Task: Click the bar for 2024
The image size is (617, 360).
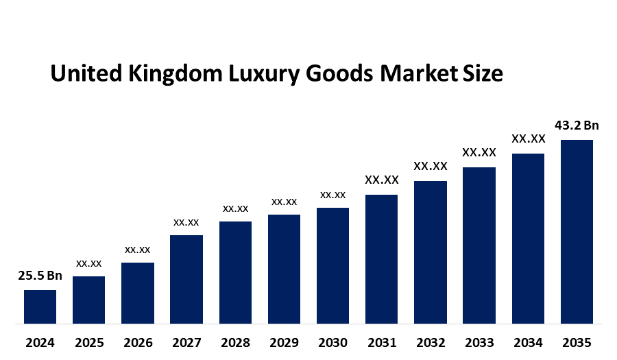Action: pos(40,307)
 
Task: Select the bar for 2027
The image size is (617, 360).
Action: pos(186,279)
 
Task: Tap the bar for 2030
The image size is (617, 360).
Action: pos(332,265)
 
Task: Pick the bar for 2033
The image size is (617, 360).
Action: pos(479,245)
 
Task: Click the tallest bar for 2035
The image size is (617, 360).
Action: pos(577,231)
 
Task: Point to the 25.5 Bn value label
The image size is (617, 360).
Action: pos(40,276)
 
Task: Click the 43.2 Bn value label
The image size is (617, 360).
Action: pos(577,125)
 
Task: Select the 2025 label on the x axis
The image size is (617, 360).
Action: pos(89,342)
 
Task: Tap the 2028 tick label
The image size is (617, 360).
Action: pos(235,342)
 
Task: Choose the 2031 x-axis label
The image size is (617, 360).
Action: pos(382,342)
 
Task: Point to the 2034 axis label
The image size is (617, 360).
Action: pos(528,342)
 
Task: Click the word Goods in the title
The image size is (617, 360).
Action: pos(337,74)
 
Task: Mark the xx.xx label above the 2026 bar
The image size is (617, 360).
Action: pos(138,250)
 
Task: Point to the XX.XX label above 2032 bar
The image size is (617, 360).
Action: pos(431,166)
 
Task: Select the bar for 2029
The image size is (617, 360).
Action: pos(284,269)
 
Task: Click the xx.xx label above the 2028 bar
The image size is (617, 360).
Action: pos(235,208)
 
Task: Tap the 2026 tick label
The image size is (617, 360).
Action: pos(138,342)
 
